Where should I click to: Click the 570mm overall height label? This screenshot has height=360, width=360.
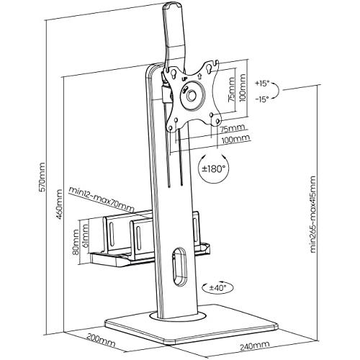pyautogui.click(x=42, y=177)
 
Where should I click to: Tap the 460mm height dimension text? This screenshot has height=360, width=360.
pyautogui.click(x=59, y=204)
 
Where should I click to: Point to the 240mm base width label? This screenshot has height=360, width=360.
pyautogui.click(x=254, y=346)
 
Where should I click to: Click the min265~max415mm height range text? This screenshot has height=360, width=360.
pyautogui.click(x=313, y=214)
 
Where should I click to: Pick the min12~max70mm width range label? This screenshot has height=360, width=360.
pyautogui.click(x=101, y=199)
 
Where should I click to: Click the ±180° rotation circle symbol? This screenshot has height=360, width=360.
pyautogui.click(x=214, y=168)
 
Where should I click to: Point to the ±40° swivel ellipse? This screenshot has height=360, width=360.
pyautogui.click(x=217, y=287)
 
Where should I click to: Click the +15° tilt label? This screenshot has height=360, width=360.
pyautogui.click(x=262, y=84)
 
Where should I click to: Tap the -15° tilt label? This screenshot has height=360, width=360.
pyautogui.click(x=262, y=99)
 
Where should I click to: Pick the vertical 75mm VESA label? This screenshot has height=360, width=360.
pyautogui.click(x=232, y=89)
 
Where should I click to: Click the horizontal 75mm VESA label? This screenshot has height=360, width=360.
pyautogui.click(x=233, y=129)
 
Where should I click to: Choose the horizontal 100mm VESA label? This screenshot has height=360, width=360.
pyautogui.click(x=235, y=140)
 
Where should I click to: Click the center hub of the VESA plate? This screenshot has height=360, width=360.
pyautogui.click(x=192, y=95)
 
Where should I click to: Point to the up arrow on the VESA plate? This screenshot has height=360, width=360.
pyautogui.click(x=199, y=76)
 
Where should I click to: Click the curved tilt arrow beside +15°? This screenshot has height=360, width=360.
pyautogui.click(x=276, y=91)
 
